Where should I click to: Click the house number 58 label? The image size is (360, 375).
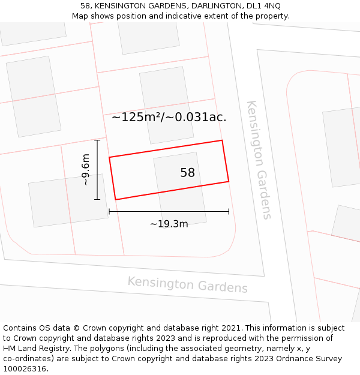(187, 173)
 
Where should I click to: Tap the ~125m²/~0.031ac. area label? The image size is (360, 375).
(169, 117)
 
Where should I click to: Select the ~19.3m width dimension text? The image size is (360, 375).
(169, 224)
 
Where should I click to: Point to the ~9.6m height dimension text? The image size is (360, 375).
(85, 170)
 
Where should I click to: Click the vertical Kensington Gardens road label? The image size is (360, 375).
(259, 160)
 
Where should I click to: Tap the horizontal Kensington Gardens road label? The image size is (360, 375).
(187, 284)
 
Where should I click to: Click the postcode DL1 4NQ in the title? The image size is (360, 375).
(263, 6)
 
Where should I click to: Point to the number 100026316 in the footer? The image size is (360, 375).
(25, 368)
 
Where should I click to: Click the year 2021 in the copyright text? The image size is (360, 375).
(230, 328)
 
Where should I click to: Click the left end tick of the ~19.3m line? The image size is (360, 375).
(109, 211)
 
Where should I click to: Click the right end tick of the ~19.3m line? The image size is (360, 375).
(229, 211)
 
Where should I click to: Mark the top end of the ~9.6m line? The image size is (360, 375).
(97, 140)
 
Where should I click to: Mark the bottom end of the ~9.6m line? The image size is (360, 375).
(97, 199)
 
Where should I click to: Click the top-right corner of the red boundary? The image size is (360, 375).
(222, 140)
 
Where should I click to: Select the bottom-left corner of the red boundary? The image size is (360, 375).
(115, 199)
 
